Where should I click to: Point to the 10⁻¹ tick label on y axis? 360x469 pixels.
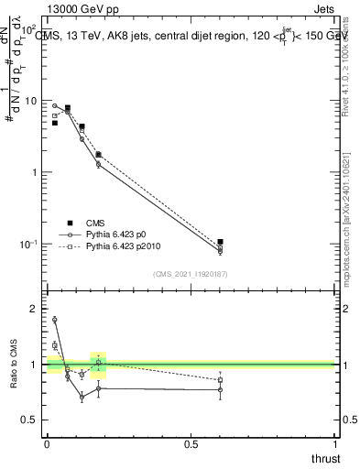[30, 245]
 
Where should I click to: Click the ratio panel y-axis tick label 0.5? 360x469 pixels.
[33, 420]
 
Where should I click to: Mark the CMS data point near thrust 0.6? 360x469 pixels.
[220, 242]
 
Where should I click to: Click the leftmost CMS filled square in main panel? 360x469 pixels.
[55, 122]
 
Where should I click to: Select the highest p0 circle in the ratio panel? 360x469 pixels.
[55, 320]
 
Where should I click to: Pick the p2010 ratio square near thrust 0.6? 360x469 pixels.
[220, 379]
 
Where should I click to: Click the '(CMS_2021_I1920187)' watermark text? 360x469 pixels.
[190, 273]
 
